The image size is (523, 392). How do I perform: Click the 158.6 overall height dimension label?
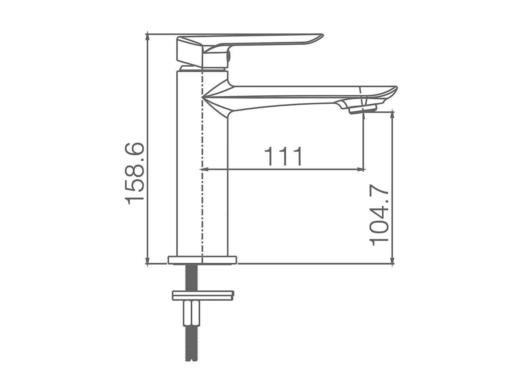pyautogui.click(x=135, y=174)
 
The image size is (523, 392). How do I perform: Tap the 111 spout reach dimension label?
pyautogui.click(x=284, y=156)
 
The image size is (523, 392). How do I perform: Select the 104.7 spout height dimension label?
pyautogui.click(x=379, y=216)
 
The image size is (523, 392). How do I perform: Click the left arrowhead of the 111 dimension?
pyautogui.click(x=204, y=169)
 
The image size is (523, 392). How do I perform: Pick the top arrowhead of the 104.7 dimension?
pyautogui.click(x=393, y=116)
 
